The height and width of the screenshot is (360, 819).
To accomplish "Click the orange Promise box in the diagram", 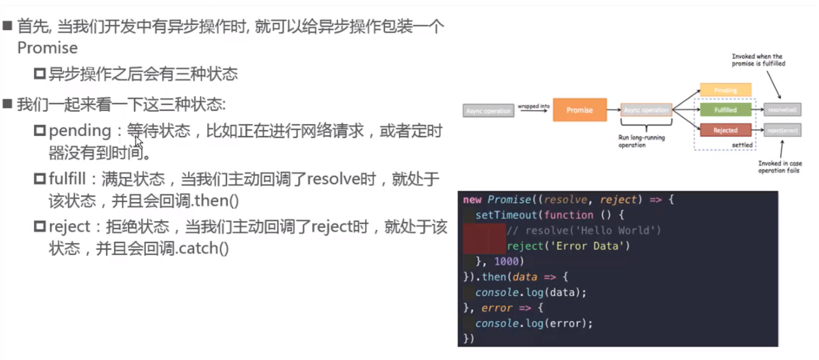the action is coord(580,110).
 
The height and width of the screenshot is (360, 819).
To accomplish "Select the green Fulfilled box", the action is coord(725,110).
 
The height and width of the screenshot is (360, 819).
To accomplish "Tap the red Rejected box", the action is coord(725,130).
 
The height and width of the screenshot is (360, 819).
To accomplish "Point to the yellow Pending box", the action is coord(725,90).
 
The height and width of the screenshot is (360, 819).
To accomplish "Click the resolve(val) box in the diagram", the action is coord(782,110).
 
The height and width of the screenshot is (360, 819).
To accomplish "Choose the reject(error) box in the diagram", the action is coord(782,130).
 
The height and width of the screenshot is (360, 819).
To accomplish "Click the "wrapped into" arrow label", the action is coord(534,106).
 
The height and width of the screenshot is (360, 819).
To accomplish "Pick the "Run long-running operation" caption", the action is coord(641,141).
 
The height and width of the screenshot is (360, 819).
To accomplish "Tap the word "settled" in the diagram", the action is coord(742,145).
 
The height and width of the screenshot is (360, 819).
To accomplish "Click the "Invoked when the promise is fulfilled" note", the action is coord(758,60).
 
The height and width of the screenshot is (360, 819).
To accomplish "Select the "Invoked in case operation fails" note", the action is coord(780,167).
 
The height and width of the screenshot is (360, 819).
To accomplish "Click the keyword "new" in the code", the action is coord(472,199).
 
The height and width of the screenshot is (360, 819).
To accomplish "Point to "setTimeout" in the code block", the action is coord(506,215).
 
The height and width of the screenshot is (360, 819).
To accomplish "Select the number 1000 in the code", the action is coord(506,262).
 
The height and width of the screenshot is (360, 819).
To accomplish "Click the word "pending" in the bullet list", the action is coord(80,131).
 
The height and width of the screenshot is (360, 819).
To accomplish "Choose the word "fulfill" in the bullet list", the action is coord(67,179).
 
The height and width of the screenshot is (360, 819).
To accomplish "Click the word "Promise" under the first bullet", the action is coord(47,48).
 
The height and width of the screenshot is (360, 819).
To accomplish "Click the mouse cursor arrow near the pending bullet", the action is coord(139,143).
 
